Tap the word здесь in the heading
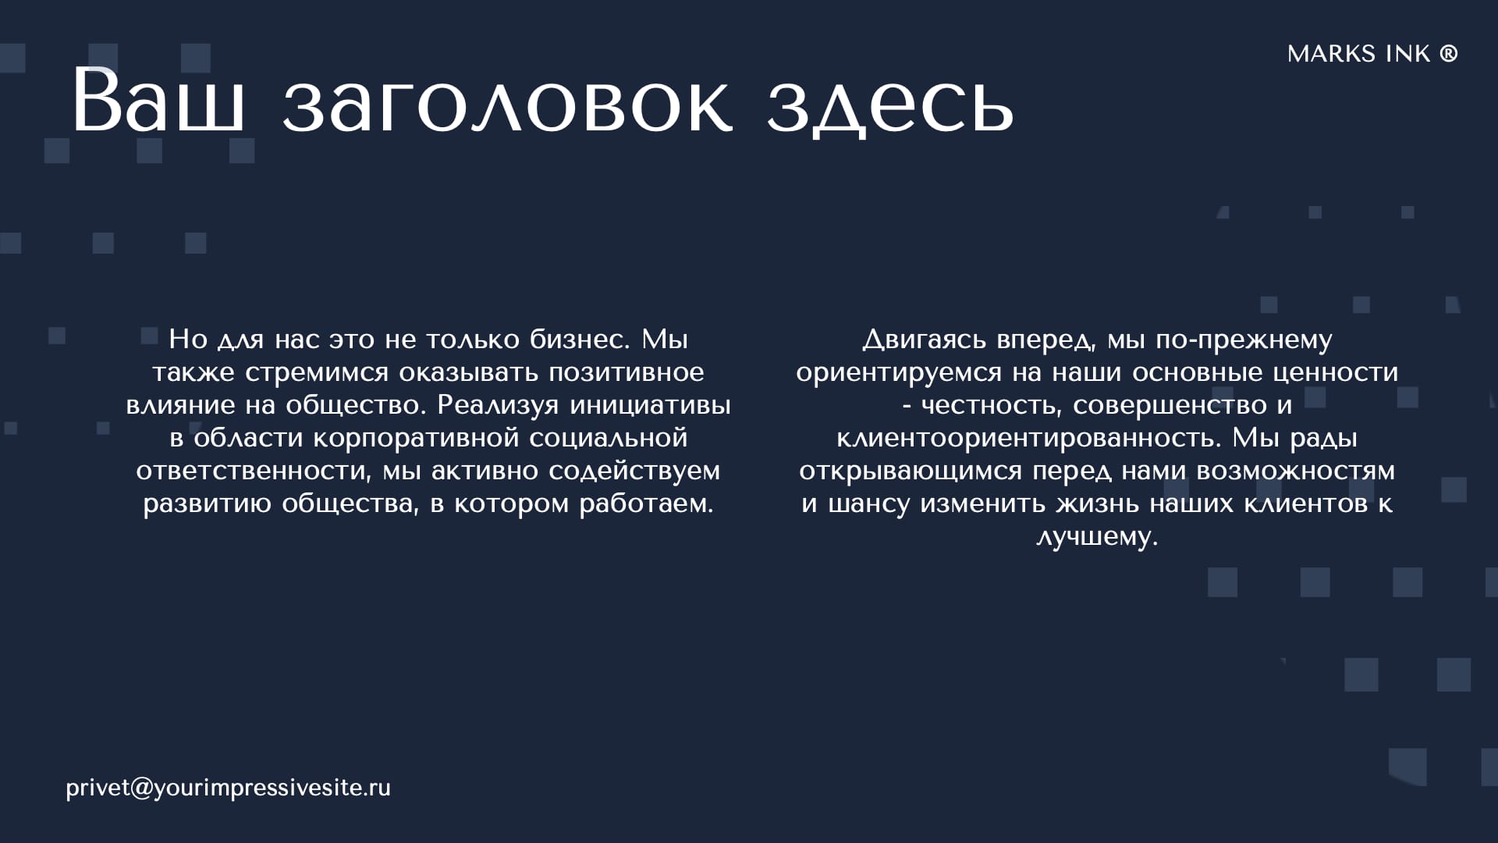pyautogui.click(x=890, y=107)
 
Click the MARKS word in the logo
pyautogui.click(x=1332, y=54)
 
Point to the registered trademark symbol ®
pyautogui.click(x=1449, y=53)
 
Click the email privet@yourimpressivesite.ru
pyautogui.click(x=228, y=788)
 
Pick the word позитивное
pyautogui.click(x=627, y=372)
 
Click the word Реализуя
pyautogui.click(x=498, y=405)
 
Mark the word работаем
pyautogui.click(x=646, y=504)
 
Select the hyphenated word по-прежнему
pyautogui.click(x=1244, y=340)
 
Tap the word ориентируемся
pyautogui.click(x=899, y=373)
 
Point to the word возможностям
pyautogui.click(x=1296, y=471)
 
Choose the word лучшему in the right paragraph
pyautogui.click(x=1097, y=537)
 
